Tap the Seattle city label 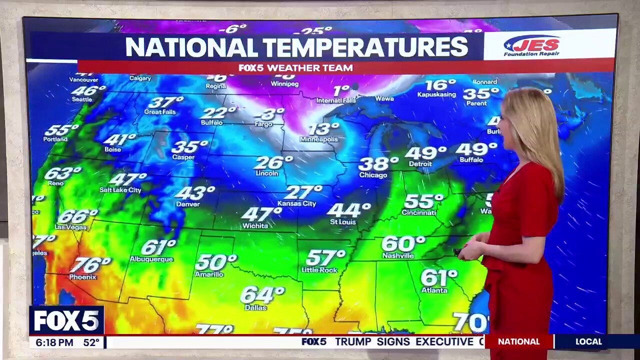pyautogui.click(x=82, y=99)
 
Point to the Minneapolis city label pyautogui.click(x=319, y=139)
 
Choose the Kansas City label pyautogui.click(x=297, y=203)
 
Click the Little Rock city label pyautogui.click(x=319, y=270)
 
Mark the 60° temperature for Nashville pyautogui.click(x=402, y=244)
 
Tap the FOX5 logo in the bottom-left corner pyautogui.click(x=66, y=320)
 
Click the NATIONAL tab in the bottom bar pyautogui.click(x=519, y=341)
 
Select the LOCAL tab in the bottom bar pyautogui.click(x=588, y=341)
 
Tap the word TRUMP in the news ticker pyautogui.click(x=353, y=341)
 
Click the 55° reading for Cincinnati pyautogui.click(x=423, y=201)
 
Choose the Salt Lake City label pyautogui.click(x=120, y=190)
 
